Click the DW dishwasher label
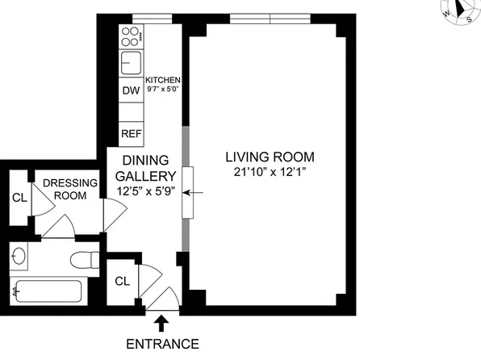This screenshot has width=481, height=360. [131, 90]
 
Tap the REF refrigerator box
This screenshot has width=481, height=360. [132, 134]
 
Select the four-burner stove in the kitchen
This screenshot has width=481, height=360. [132, 36]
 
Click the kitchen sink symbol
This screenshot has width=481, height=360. [131, 63]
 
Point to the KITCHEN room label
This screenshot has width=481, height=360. [162, 80]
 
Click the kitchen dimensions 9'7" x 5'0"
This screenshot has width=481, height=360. [162, 90]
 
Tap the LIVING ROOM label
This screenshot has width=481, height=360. [270, 157]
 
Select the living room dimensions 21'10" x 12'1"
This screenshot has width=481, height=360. [270, 172]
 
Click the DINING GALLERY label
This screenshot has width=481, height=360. [146, 168]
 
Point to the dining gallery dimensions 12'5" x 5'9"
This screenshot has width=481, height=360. [146, 191]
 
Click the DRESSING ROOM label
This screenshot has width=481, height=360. [70, 189]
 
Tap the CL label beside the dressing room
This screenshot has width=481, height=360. [19, 198]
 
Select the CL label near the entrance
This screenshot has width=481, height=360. [123, 281]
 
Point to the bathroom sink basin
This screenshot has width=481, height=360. [19, 256]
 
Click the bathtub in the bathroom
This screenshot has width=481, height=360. [48, 291]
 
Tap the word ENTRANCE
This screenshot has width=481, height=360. [162, 344]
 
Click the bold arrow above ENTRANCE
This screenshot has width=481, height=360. [161, 324]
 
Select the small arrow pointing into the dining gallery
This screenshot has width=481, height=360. [193, 193]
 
